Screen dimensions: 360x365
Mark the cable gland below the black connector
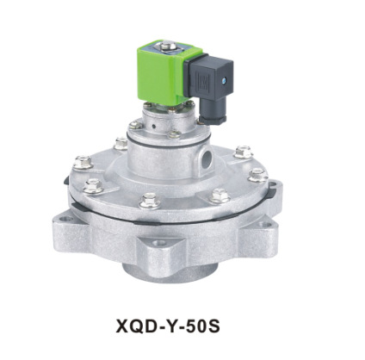point(208,117)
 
